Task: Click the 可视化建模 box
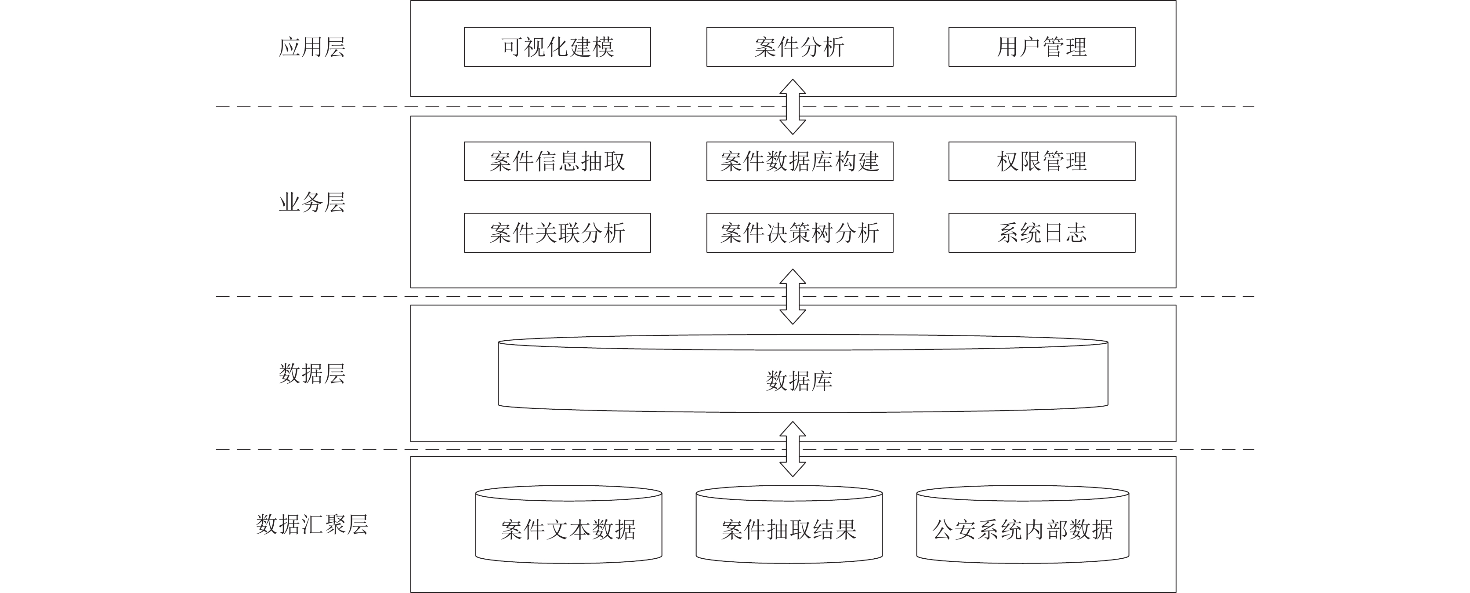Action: point(557,47)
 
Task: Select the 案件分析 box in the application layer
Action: point(800,47)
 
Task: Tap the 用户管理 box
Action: point(1042,47)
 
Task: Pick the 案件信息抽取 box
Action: point(557,161)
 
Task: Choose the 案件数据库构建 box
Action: point(800,161)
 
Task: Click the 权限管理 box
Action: point(1042,161)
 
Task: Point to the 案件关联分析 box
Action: point(557,233)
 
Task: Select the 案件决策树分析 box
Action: point(800,233)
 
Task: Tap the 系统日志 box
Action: point(1042,233)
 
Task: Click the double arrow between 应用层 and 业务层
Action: point(793,107)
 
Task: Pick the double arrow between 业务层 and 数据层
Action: point(793,297)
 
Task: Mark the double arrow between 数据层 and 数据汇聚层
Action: point(793,449)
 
